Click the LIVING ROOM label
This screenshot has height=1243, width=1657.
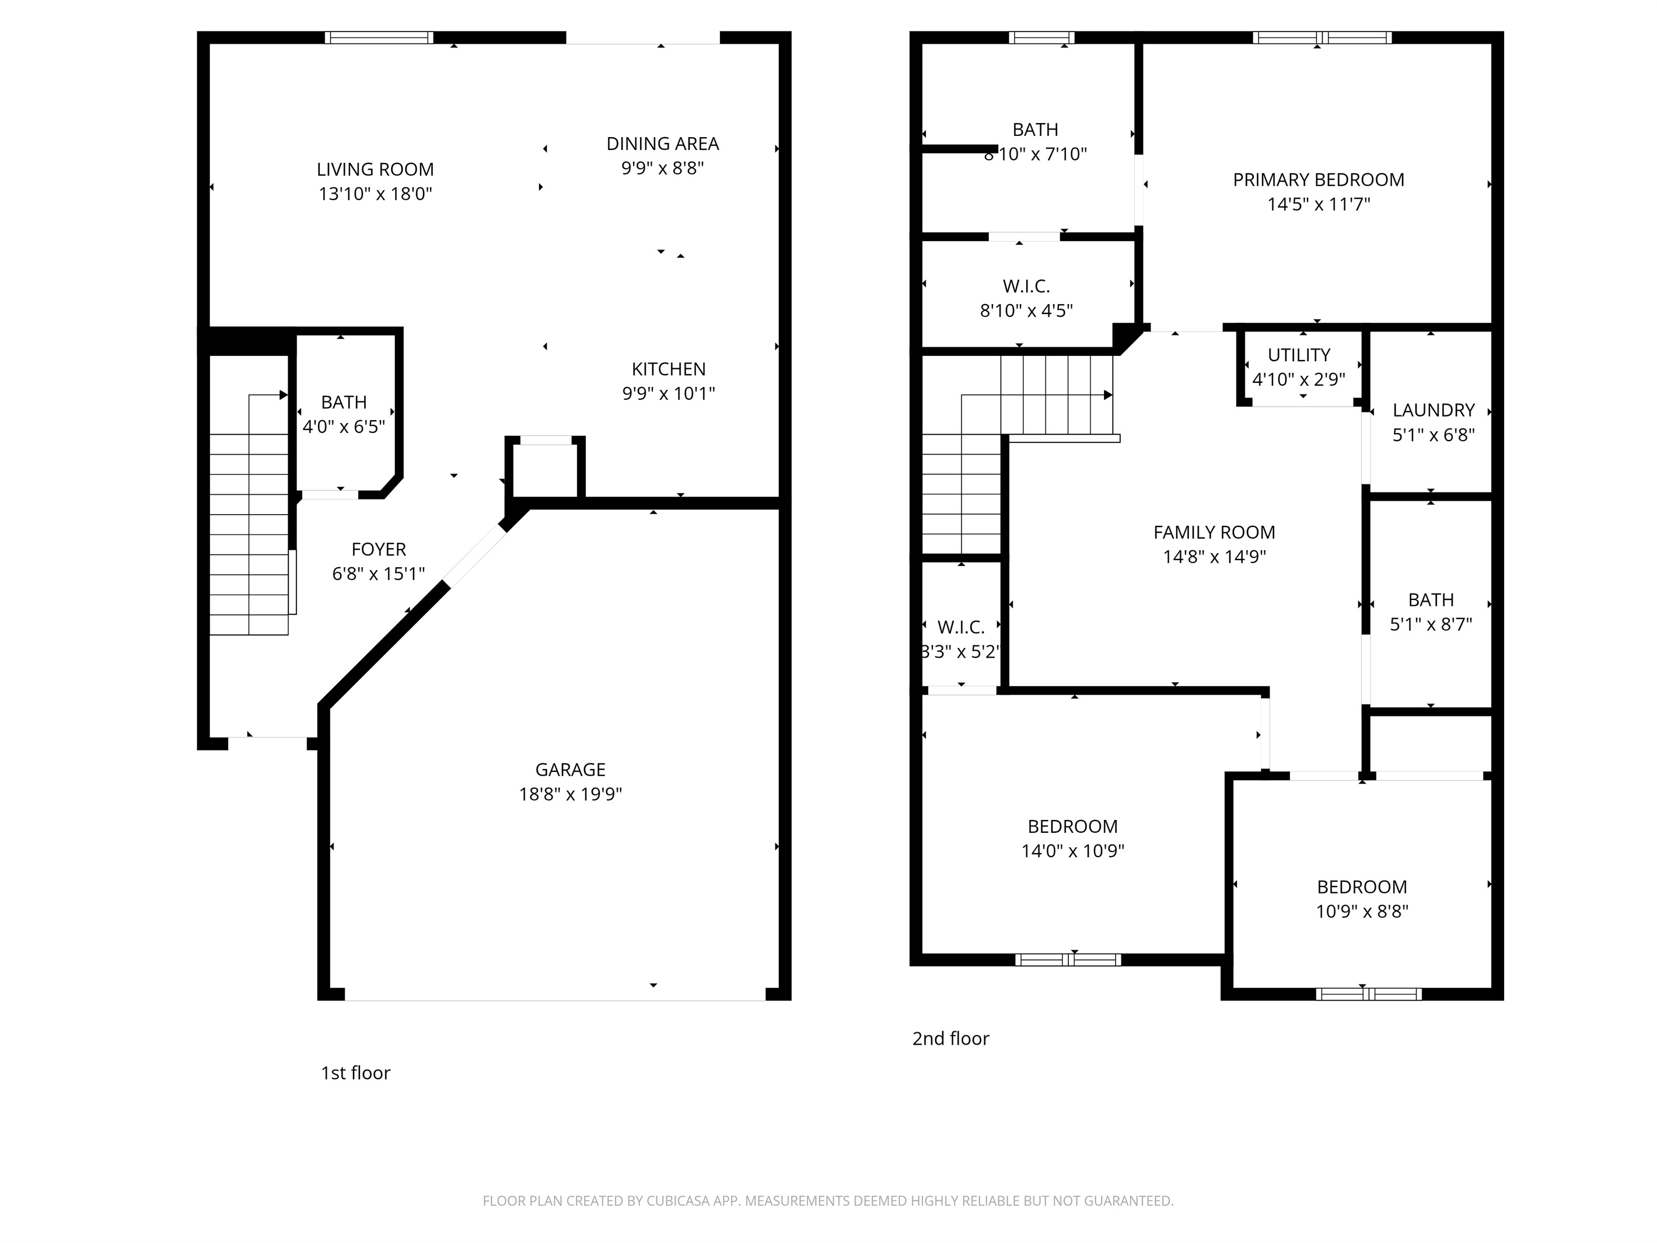coord(375,169)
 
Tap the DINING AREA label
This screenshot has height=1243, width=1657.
coord(662,144)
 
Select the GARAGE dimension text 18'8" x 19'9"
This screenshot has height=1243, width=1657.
coord(571,794)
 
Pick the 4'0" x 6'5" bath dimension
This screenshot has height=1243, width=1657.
coord(344,427)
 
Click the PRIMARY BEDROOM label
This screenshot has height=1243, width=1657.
coord(1319,180)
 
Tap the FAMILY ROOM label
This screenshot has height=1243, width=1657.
coord(1214,533)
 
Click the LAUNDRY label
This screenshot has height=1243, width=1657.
coord(1433,411)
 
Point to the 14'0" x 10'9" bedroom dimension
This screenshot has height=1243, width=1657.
coord(1073,851)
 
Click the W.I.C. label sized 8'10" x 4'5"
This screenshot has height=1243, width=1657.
coord(1026,286)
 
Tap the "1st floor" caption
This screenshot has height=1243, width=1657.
coord(356,1073)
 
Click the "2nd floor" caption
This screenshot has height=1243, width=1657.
coord(950,1038)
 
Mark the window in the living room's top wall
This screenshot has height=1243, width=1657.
coord(379,37)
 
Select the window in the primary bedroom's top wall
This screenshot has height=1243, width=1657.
coord(1322,37)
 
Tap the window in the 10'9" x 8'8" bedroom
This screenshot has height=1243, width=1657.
coord(1369,994)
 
